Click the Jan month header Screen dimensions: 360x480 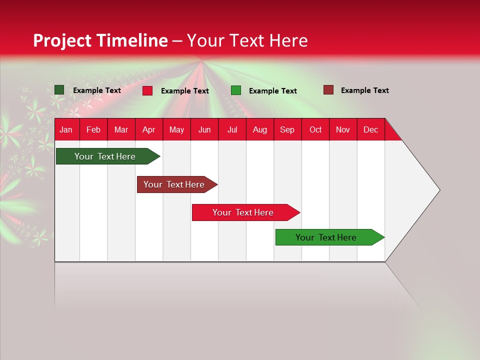point(66,130)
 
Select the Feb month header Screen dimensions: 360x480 point(93,130)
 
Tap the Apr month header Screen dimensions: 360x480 point(148,130)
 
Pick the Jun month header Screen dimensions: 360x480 point(204,130)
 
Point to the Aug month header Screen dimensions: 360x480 point(259,130)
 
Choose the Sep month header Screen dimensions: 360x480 point(287,130)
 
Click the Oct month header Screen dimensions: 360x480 point(315,130)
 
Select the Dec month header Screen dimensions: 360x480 point(370,130)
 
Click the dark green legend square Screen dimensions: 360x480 point(59,90)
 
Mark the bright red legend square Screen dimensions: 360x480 point(147,90)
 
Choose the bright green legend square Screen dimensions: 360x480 point(236,90)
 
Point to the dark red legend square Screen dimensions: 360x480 point(328,90)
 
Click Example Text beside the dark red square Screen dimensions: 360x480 point(364,90)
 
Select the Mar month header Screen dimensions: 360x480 point(121,130)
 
